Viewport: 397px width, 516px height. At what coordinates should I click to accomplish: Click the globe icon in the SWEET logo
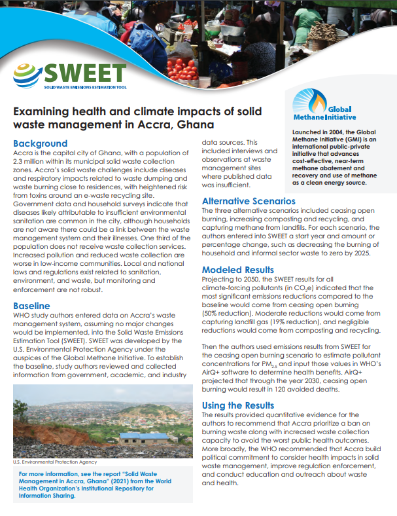pos(28,74)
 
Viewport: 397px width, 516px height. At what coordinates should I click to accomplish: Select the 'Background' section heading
pos(41,143)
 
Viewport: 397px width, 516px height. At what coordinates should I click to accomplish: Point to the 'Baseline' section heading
pos(32,306)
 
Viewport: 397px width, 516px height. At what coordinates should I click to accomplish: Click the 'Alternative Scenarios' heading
pos(249,201)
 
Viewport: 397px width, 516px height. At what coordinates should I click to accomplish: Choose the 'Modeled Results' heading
pos(237,270)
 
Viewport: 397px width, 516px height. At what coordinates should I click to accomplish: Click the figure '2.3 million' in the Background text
pos(33,161)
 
